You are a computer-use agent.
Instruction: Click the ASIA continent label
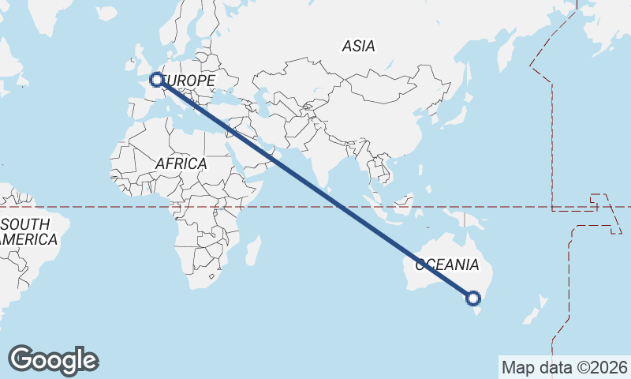[358, 46]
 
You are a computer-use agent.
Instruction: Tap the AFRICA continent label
[181, 163]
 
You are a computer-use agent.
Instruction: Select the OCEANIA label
[446, 265]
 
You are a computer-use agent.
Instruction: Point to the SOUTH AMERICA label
[28, 231]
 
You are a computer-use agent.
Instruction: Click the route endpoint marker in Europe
[156, 79]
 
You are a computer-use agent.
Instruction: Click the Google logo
[53, 360]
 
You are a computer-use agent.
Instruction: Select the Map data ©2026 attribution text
[564, 367]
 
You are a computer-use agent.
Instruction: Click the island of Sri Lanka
[333, 193]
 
